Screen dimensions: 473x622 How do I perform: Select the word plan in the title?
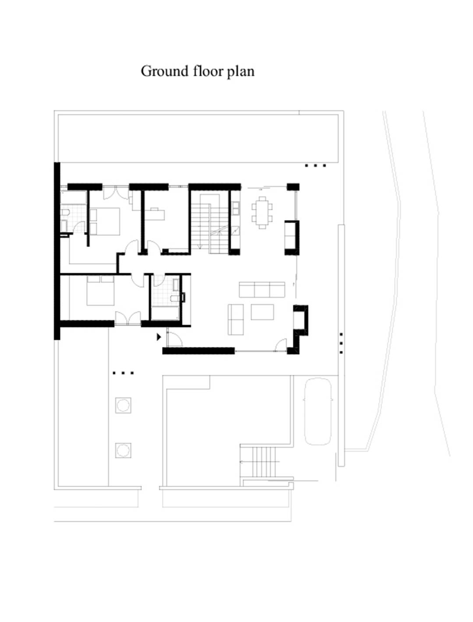click(x=241, y=72)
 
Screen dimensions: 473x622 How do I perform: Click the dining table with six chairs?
click(x=262, y=212)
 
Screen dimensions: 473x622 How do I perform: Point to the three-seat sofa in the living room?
click(x=262, y=290)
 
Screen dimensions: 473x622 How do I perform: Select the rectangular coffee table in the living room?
click(x=262, y=312)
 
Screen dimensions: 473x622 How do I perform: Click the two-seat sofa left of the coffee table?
click(x=236, y=320)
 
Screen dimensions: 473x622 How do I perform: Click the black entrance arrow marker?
click(x=159, y=337)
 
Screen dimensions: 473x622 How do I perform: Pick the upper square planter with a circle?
click(x=123, y=405)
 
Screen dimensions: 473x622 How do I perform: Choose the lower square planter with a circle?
click(x=123, y=450)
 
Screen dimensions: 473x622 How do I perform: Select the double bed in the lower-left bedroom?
click(x=100, y=291)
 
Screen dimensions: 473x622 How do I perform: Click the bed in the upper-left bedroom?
click(x=105, y=221)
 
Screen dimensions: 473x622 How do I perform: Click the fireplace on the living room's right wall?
click(x=300, y=320)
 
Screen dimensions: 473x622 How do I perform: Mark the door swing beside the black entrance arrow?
click(x=175, y=337)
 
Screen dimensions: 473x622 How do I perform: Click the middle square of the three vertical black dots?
click(x=341, y=343)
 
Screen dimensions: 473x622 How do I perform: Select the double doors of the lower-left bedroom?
click(x=128, y=318)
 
